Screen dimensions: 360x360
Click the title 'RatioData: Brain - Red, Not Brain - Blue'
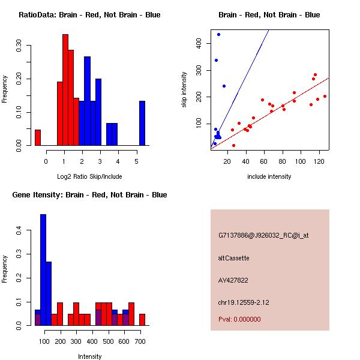89,15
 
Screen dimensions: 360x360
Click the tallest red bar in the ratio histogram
65,90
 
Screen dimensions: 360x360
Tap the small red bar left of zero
38,137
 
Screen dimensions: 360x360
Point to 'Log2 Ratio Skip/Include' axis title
89,176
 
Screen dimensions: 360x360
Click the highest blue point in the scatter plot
219,34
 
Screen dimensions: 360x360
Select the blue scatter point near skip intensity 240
224,86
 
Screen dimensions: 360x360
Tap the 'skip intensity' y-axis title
184,90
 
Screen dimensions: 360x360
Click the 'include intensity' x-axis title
269,176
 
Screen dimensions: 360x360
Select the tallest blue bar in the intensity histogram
43,270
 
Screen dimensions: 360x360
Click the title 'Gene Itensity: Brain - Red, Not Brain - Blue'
89,195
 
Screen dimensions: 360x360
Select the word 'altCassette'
233,258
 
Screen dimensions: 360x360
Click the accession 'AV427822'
233,280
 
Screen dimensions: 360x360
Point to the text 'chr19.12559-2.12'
244,302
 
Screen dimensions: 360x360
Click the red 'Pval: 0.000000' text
239,319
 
